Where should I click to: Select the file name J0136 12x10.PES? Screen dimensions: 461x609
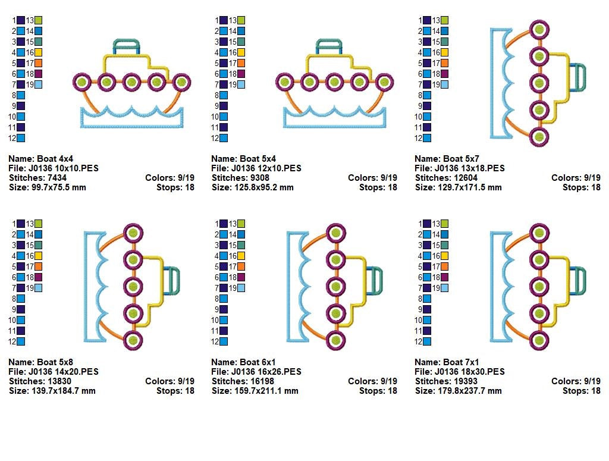pos(266,168)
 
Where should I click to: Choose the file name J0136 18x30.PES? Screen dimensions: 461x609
pos(470,372)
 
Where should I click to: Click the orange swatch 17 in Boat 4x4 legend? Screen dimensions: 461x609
pos(39,63)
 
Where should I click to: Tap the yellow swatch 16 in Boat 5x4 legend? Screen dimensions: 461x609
pos(241,52)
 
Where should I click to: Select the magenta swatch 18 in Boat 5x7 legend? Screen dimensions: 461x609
pos(445,74)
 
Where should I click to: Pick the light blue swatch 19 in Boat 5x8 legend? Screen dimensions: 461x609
pos(39,288)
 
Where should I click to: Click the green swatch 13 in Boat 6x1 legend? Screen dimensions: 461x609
pos(241,224)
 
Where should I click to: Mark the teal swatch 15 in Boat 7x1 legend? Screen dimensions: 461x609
pos(445,245)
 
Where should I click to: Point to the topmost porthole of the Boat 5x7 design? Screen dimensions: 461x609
pos(539,29)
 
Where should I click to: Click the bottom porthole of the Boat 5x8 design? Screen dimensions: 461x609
pos(133,340)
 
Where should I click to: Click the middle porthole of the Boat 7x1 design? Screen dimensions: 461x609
pos(539,286)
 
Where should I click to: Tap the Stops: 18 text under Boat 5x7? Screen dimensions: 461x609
pos(581,187)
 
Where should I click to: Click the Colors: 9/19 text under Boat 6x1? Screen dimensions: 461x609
pos(372,381)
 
